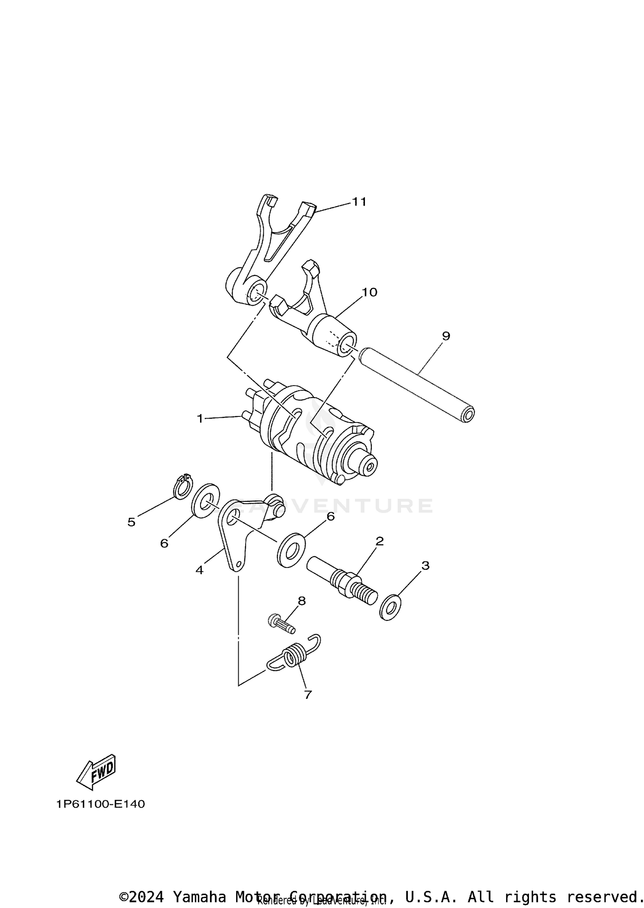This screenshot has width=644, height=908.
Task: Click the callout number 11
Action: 359,202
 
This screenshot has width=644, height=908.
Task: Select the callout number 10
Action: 369,292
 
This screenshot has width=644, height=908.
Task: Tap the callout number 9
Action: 446,336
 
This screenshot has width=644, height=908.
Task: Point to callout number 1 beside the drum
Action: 200,418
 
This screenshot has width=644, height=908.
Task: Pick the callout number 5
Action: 131,522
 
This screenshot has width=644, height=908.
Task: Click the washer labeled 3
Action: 390,607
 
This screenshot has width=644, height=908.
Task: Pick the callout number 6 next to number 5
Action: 164,544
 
